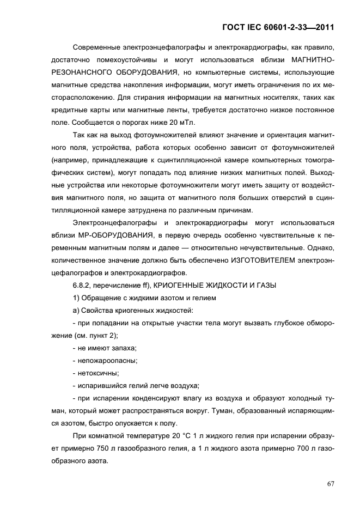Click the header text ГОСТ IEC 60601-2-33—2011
(x=278, y=26)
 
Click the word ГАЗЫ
(x=265, y=284)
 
